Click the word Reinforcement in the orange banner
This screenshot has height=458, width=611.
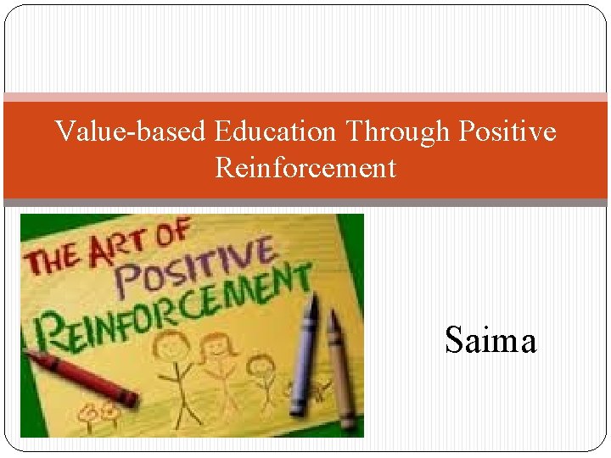[305, 168]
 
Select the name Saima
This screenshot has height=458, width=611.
[490, 341]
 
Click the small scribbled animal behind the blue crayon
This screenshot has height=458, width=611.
[318, 392]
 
